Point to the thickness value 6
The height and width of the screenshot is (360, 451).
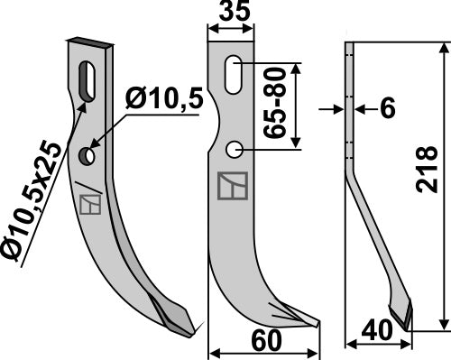388,108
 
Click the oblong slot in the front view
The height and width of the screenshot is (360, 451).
233,72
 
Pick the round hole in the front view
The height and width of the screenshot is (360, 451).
233,149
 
